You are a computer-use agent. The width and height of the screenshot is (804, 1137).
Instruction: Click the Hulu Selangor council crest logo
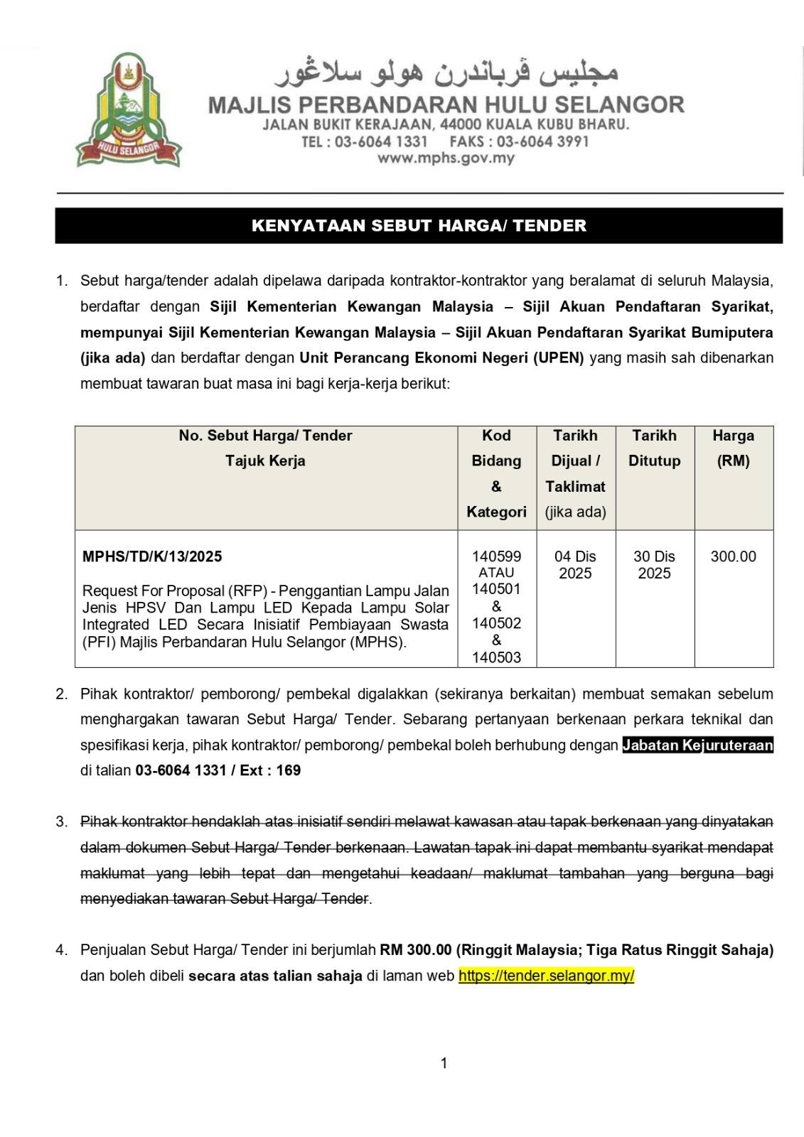click(x=129, y=110)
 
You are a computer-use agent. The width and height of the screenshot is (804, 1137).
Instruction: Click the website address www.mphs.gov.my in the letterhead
click(x=446, y=158)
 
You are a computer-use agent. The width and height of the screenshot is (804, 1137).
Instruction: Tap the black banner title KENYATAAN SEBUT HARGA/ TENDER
click(x=419, y=226)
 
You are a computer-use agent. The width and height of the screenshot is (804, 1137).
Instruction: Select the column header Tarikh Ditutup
click(x=654, y=448)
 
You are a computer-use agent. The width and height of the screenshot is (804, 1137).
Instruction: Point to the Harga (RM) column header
click(x=733, y=448)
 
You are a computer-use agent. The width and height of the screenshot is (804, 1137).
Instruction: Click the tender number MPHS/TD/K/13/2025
click(x=152, y=556)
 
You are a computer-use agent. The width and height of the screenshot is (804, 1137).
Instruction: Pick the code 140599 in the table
click(x=496, y=556)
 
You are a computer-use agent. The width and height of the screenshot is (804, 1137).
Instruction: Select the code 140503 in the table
click(x=496, y=657)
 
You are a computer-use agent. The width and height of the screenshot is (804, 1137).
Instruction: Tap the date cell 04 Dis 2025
click(x=575, y=565)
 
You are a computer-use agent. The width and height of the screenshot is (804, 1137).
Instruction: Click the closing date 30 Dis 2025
click(x=654, y=565)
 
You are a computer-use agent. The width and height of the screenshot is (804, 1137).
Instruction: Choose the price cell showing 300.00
click(x=733, y=556)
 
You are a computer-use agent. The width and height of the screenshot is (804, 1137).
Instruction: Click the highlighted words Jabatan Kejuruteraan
click(x=697, y=745)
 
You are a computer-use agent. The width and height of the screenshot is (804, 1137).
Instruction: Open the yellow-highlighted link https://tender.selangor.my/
click(x=546, y=976)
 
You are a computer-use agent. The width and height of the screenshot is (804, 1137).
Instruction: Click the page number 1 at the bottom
click(x=444, y=1063)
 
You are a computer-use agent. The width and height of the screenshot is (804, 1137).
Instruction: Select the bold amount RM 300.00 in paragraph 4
click(x=416, y=950)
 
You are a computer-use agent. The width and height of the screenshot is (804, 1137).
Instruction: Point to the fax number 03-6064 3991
click(x=543, y=141)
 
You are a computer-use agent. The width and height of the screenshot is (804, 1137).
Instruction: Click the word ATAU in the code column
click(x=496, y=573)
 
